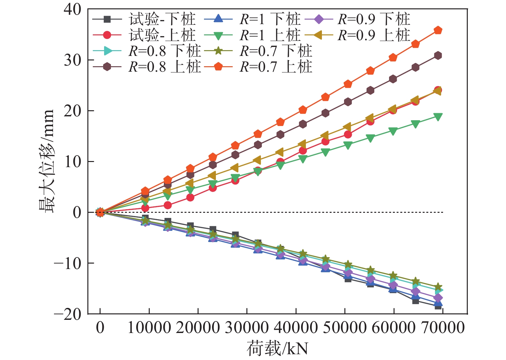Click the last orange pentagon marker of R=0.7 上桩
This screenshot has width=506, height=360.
438,31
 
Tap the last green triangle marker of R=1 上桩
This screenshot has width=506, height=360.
438,116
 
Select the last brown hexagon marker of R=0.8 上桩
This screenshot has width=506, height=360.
438,56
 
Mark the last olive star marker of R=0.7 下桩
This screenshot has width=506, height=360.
438,287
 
